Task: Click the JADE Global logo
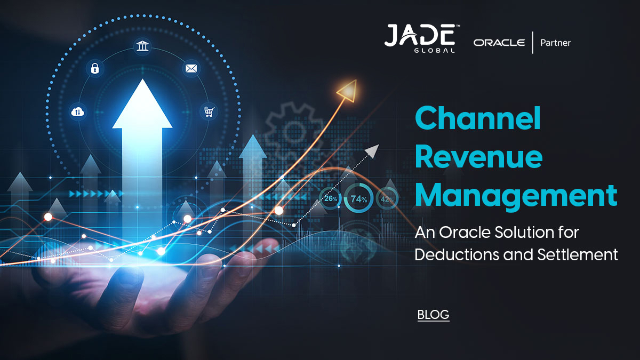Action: [420, 38]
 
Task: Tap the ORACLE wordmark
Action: [499, 43]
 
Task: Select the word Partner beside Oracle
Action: [555, 43]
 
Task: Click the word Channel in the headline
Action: [478, 118]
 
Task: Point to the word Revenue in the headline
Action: [478, 158]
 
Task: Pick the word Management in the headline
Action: [516, 196]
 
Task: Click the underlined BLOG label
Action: [433, 315]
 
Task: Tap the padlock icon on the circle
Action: [95, 68]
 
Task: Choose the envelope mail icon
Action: [191, 68]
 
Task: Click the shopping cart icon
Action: [208, 111]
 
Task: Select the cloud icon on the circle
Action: [78, 111]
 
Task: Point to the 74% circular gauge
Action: [359, 200]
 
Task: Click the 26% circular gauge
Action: [331, 199]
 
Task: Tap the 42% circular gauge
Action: [387, 199]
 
